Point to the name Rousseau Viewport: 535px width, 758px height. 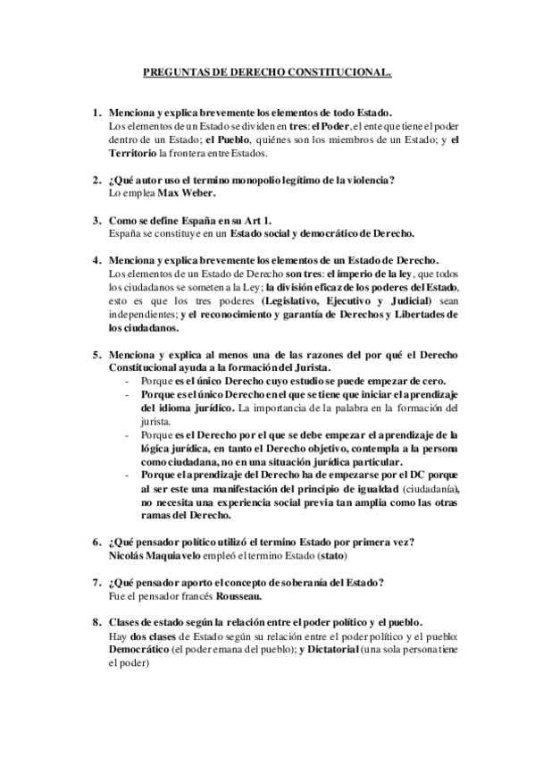click(242, 596)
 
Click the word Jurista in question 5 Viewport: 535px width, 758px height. click(312, 368)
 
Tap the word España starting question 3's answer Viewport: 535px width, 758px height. click(125, 233)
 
